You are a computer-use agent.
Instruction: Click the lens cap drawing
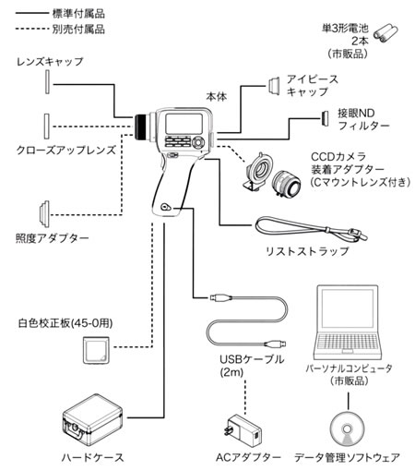coord(47,82)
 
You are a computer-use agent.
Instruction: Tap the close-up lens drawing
coord(47,127)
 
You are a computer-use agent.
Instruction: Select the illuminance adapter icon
coord(44,214)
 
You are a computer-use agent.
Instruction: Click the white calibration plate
coord(96,350)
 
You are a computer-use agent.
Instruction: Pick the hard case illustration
coord(92,420)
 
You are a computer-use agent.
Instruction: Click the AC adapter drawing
coord(243,431)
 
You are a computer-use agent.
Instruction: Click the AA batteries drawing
coord(385,32)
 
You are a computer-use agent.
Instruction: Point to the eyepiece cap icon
coord(273,86)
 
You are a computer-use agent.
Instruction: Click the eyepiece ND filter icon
coord(325,118)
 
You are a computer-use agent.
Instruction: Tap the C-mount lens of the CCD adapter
coord(287,184)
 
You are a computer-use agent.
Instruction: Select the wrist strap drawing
coord(311,228)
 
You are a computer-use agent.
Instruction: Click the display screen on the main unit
coord(184,124)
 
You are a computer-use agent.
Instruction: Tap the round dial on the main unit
coord(198,142)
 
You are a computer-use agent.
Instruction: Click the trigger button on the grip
coord(166,207)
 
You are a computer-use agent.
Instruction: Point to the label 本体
coord(217,97)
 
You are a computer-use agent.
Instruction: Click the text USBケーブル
coord(252,359)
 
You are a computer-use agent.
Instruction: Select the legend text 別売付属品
coord(78,30)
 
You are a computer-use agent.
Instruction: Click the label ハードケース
coord(92,457)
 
